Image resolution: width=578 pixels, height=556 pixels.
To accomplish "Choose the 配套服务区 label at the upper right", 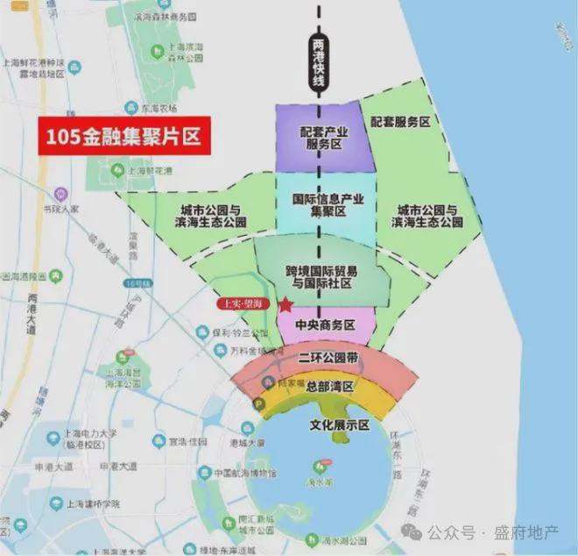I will (x=400, y=123).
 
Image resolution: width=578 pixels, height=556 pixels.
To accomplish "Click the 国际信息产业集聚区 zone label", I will (x=328, y=206).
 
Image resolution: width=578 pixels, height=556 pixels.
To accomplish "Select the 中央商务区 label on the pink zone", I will (x=325, y=324).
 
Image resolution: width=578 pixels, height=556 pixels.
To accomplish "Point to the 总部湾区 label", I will (x=322, y=387).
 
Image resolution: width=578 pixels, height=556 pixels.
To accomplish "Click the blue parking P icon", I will (x=258, y=404).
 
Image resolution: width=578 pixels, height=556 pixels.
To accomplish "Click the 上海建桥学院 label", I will (x=84, y=504).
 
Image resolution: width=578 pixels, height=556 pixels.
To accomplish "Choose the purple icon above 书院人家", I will (x=60, y=193).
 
